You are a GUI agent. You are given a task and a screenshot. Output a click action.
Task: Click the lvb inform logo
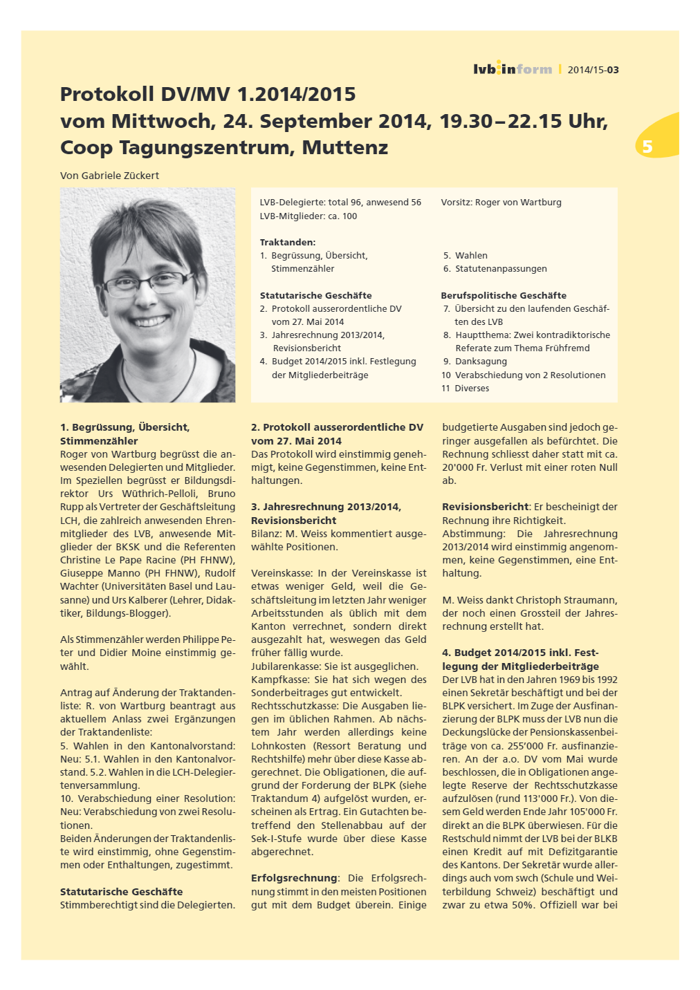click(513, 69)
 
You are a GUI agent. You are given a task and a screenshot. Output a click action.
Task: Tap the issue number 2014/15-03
click(593, 70)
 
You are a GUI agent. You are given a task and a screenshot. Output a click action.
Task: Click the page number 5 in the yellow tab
click(647, 147)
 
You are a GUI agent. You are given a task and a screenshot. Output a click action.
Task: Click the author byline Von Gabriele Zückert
click(109, 176)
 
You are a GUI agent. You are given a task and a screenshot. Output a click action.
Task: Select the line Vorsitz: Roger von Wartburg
click(501, 203)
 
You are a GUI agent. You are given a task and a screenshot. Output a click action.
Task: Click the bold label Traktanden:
click(287, 243)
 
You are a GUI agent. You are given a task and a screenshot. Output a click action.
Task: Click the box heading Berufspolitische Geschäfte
click(504, 295)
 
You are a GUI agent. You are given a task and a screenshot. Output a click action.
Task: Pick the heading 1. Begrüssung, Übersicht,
click(125, 427)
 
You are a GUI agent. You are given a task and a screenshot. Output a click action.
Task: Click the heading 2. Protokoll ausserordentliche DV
click(337, 427)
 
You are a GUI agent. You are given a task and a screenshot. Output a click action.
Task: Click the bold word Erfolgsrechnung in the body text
click(294, 878)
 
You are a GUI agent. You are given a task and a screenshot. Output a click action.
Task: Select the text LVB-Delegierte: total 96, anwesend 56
click(340, 203)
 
